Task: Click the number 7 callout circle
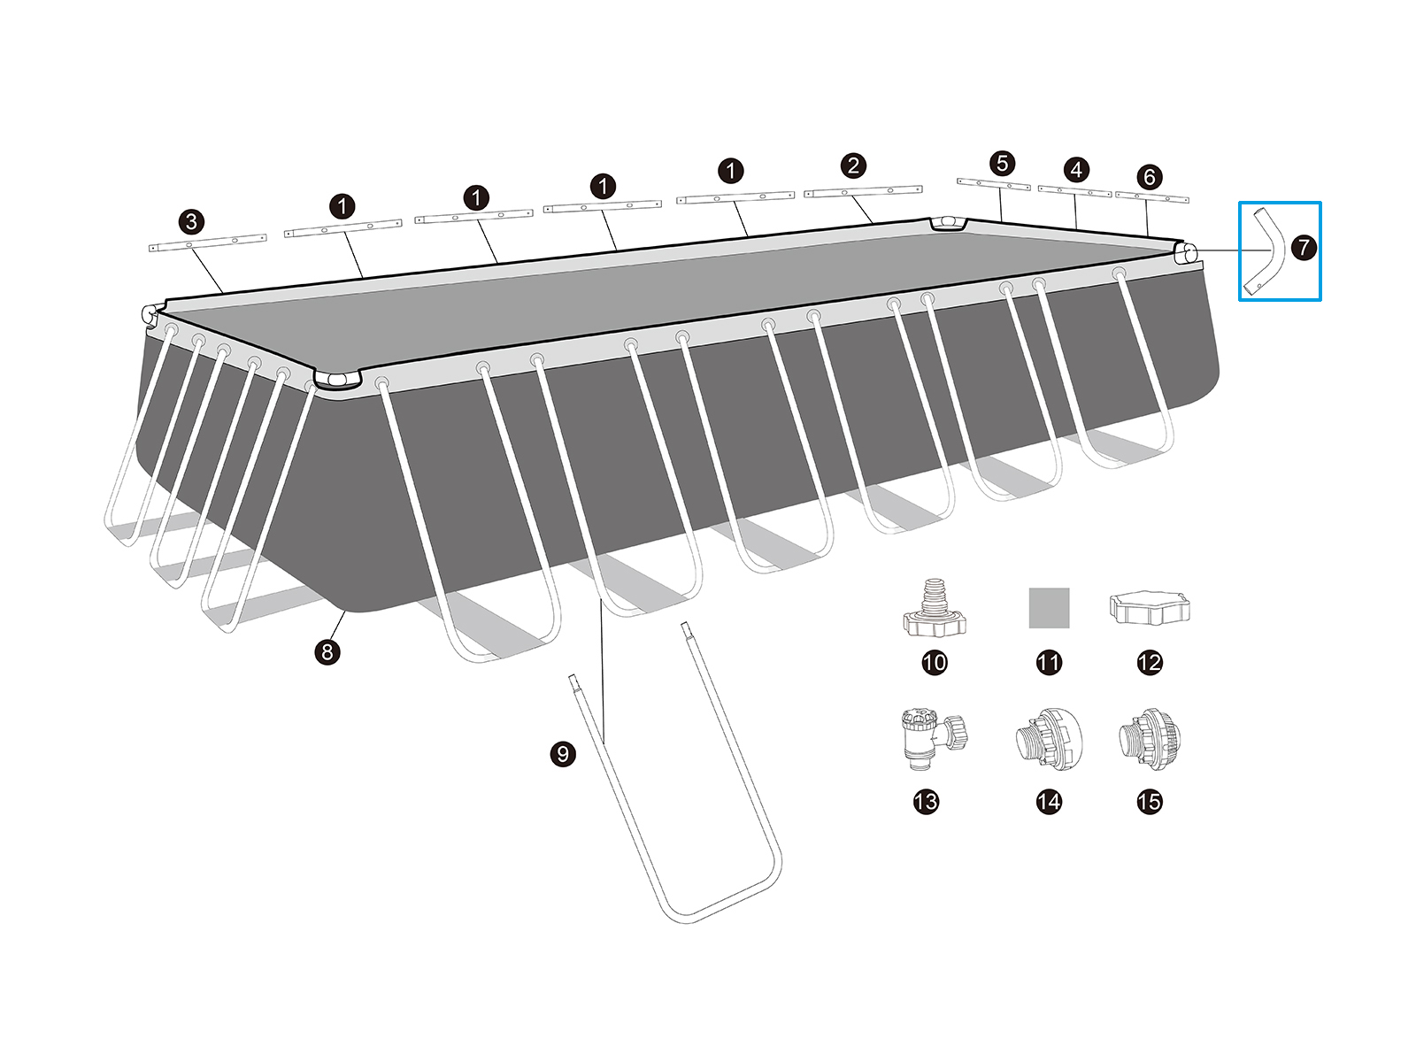tap(1304, 247)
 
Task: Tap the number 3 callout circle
tap(191, 222)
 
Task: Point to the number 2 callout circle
tap(853, 165)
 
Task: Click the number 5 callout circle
tap(1002, 163)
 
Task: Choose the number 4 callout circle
tap(1076, 170)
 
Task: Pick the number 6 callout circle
tap(1149, 177)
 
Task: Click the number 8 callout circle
tap(327, 652)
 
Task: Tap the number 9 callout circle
tap(563, 754)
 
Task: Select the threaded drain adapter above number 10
tap(935, 609)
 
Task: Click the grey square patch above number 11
tap(1049, 607)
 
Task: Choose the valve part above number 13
tap(933, 739)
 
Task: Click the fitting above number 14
tap(1049, 739)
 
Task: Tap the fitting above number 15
tap(1150, 739)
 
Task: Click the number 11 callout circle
tap(1049, 662)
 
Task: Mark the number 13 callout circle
tap(926, 802)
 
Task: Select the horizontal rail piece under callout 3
tap(208, 243)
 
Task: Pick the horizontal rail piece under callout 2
tap(863, 191)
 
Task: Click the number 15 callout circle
tap(1150, 802)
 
